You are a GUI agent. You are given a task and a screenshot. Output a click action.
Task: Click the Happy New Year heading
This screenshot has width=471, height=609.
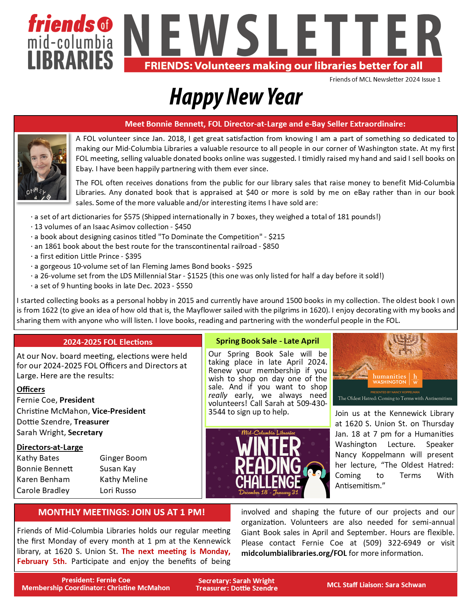click(x=236, y=97)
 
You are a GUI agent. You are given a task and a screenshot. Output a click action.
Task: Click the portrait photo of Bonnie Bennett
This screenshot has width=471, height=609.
click(x=42, y=167)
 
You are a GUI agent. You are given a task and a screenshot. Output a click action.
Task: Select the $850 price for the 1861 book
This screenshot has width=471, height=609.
click(x=271, y=247)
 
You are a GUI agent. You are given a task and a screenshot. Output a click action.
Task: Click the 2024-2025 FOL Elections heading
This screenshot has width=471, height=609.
click(x=108, y=342)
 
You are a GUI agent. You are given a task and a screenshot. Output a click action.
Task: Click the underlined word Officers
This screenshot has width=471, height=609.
click(x=31, y=389)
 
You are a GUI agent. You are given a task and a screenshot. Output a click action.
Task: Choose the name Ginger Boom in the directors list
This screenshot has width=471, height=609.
click(x=123, y=458)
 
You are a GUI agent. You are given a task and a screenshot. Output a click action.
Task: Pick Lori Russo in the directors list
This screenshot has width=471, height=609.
click(x=118, y=491)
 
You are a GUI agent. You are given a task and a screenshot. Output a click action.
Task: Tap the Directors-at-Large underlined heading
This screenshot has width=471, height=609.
click(x=50, y=447)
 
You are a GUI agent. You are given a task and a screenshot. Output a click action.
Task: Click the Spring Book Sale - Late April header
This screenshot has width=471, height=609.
click(x=267, y=341)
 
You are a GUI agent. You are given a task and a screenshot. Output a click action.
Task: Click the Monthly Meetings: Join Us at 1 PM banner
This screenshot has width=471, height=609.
click(x=122, y=512)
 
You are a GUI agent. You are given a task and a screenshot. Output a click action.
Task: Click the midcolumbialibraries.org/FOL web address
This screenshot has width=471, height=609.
click(x=294, y=553)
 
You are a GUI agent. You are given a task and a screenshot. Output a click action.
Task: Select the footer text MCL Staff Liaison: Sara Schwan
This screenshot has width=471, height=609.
click(x=376, y=585)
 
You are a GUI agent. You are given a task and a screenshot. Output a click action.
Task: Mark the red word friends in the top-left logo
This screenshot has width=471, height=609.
click(x=61, y=24)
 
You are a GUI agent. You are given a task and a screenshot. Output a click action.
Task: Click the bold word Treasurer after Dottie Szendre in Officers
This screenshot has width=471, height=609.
click(x=91, y=422)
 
